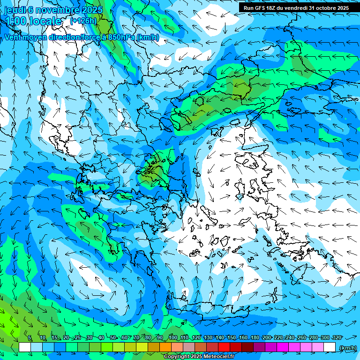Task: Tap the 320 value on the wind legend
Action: pyautogui.click(x=337, y=337)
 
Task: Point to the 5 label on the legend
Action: pyautogui.click(x=29, y=337)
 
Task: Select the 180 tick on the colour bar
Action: pyautogui.click(x=255, y=337)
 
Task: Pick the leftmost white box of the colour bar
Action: pyautogui.click(x=25, y=347)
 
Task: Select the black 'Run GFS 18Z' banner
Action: pyautogui.click(x=296, y=8)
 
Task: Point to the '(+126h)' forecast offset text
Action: pyautogui.click(x=83, y=21)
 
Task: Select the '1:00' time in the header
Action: pyautogui.click(x=15, y=21)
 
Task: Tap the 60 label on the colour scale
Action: pyautogui.click(x=125, y=337)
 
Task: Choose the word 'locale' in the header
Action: pyautogui.click(x=45, y=21)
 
